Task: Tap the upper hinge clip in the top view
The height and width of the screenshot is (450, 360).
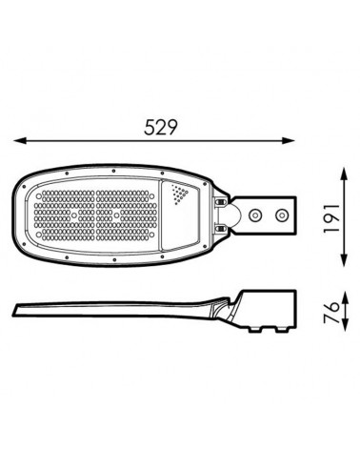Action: click(x=221, y=200)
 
